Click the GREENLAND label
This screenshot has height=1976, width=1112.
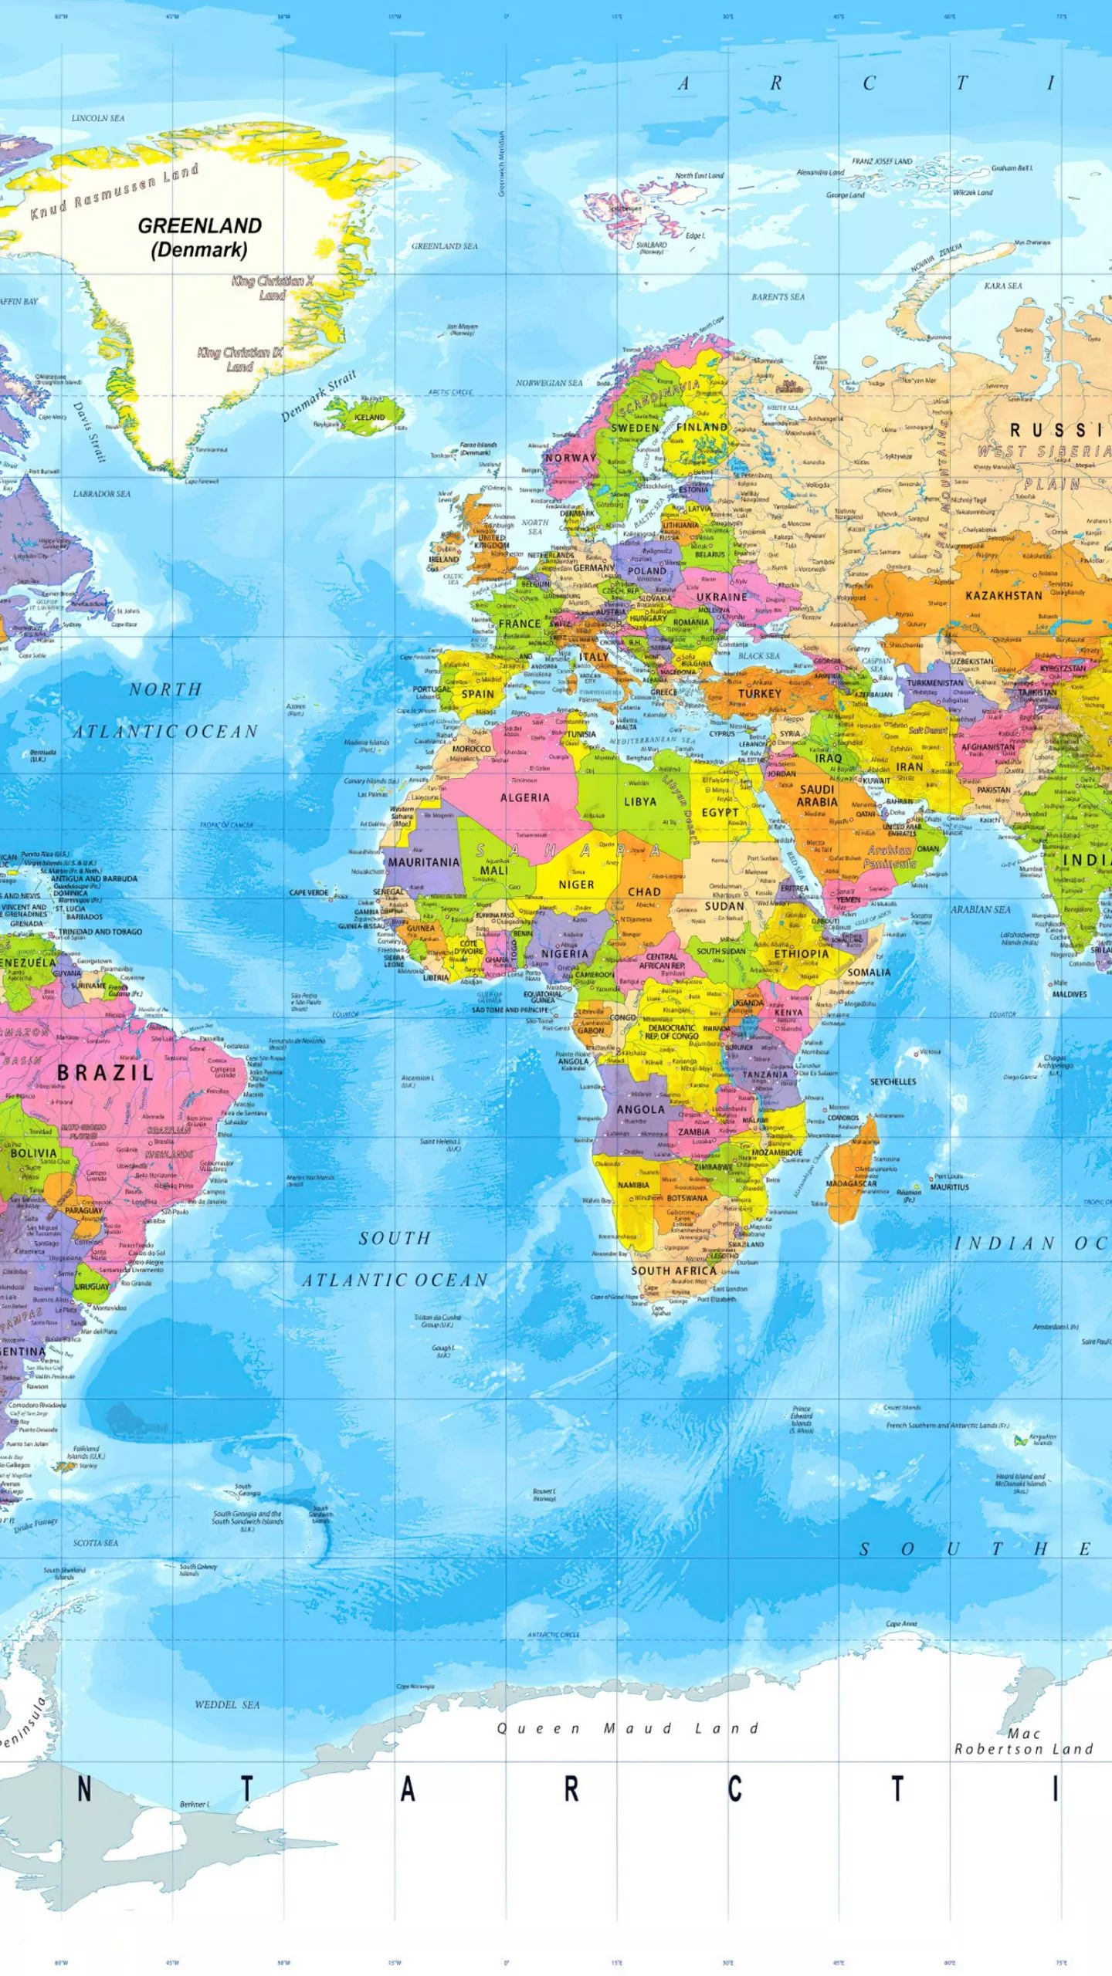coord(200,226)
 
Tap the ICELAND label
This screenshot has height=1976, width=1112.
coord(369,418)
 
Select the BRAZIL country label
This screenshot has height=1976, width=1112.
coord(106,1072)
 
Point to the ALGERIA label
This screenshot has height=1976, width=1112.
coord(525,797)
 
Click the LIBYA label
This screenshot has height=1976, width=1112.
coord(640,802)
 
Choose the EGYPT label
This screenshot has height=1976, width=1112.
coord(720,812)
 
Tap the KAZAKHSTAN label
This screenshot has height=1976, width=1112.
coord(1003,595)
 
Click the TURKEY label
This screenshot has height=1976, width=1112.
coord(759,693)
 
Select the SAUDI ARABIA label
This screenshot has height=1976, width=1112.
coord(816,795)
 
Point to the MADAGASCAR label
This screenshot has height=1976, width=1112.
coord(851,1183)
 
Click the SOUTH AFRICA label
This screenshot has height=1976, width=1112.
coord(673,1271)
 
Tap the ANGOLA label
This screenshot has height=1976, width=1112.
coord(640,1109)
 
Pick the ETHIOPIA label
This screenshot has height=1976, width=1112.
coord(801,954)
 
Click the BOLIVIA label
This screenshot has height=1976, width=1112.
coord(33,1152)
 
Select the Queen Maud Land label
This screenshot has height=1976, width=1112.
coord(627,1728)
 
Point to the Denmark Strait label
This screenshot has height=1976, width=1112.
coord(318,396)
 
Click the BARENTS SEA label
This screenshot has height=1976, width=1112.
coord(778,296)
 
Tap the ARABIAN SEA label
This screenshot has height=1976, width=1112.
coord(980,909)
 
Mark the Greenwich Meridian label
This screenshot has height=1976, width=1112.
coord(502,163)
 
